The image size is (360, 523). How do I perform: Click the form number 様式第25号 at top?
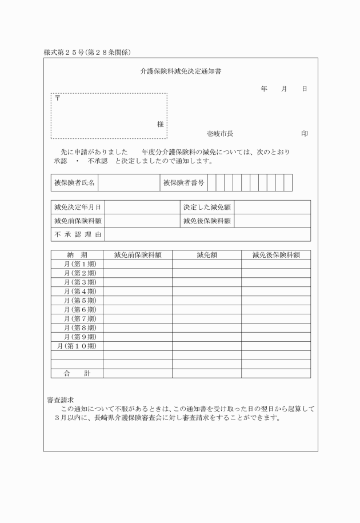pyautogui.click(x=64, y=53)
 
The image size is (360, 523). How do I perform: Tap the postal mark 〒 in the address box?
pyautogui.click(x=57, y=98)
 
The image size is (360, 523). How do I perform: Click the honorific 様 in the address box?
pyautogui.click(x=161, y=124)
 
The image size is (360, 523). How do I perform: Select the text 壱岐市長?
pyautogui.click(x=220, y=134)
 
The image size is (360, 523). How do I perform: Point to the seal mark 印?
pyautogui.click(x=305, y=134)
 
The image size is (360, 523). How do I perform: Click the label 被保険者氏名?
pyautogui.click(x=74, y=183)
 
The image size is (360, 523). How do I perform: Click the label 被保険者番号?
pyautogui.click(x=183, y=183)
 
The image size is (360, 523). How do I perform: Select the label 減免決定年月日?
pyautogui.click(x=78, y=207)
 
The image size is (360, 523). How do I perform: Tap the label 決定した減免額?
pyautogui.click(x=207, y=207)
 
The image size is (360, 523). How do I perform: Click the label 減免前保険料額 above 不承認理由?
pyautogui.click(x=78, y=221)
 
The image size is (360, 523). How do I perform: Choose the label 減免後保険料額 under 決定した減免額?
pyautogui.click(x=207, y=221)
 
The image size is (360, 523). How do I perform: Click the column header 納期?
pyautogui.click(x=77, y=255)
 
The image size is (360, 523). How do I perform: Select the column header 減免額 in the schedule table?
pyautogui.click(x=206, y=255)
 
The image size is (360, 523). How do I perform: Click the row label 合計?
pyautogui.click(x=77, y=373)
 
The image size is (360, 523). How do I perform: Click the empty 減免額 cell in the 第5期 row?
pyautogui.click(x=206, y=300)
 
